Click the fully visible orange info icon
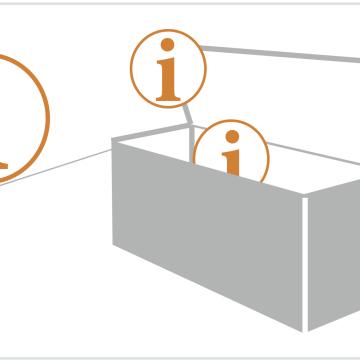[168, 69]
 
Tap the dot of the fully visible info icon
[167, 44]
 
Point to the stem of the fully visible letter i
[168, 79]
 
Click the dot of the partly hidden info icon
[232, 136]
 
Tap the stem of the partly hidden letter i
[232, 163]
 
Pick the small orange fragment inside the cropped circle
[3, 165]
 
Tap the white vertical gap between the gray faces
[305, 264]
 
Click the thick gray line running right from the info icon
[281, 54]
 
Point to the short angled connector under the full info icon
[188, 115]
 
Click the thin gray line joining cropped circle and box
[55, 167]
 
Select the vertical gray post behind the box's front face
[192, 143]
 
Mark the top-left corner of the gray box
[112, 139]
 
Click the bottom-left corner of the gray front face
[113, 245]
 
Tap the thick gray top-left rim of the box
[151, 133]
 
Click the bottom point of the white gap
[305, 331]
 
